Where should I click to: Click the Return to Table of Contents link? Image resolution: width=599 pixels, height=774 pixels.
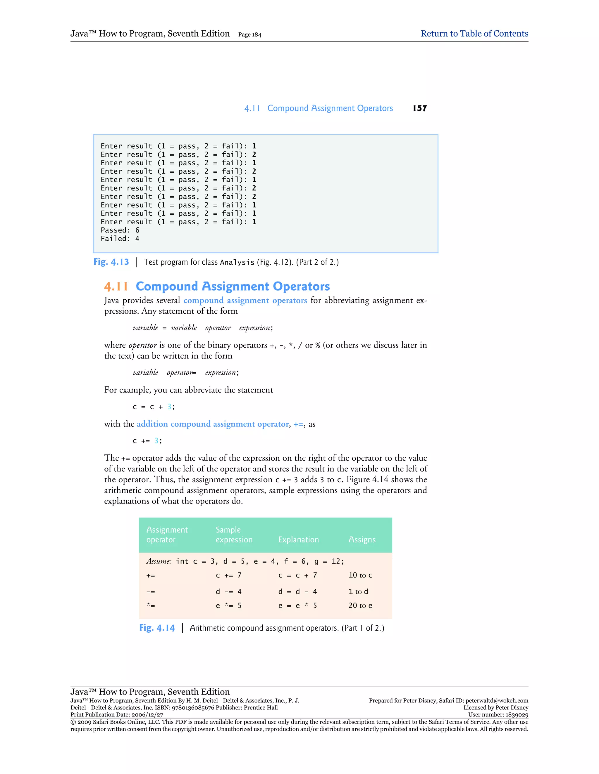point(474,34)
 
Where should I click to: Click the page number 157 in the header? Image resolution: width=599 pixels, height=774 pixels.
point(420,108)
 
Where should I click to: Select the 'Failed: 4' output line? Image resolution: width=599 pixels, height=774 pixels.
point(120,239)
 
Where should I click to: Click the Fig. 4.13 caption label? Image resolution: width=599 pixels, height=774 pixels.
point(111,262)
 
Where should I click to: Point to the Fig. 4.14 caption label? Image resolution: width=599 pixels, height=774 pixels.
point(157,628)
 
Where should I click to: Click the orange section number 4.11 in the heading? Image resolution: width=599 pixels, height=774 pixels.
point(116,286)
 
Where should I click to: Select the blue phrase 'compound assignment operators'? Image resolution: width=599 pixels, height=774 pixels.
point(245,301)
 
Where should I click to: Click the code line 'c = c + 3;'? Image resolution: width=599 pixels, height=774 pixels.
point(153,407)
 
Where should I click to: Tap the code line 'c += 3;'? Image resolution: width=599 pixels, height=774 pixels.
point(147,441)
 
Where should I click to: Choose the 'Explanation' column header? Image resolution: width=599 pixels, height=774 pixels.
point(298,540)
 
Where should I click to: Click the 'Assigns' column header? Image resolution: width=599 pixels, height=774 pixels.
point(362,540)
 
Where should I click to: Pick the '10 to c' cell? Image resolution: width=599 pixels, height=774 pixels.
point(360,575)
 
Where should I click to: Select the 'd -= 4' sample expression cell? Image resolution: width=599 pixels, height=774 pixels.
point(228,591)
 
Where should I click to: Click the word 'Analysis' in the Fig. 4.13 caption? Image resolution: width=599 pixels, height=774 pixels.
point(237,263)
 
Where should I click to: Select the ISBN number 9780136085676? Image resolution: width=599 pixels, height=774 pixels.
point(193,708)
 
